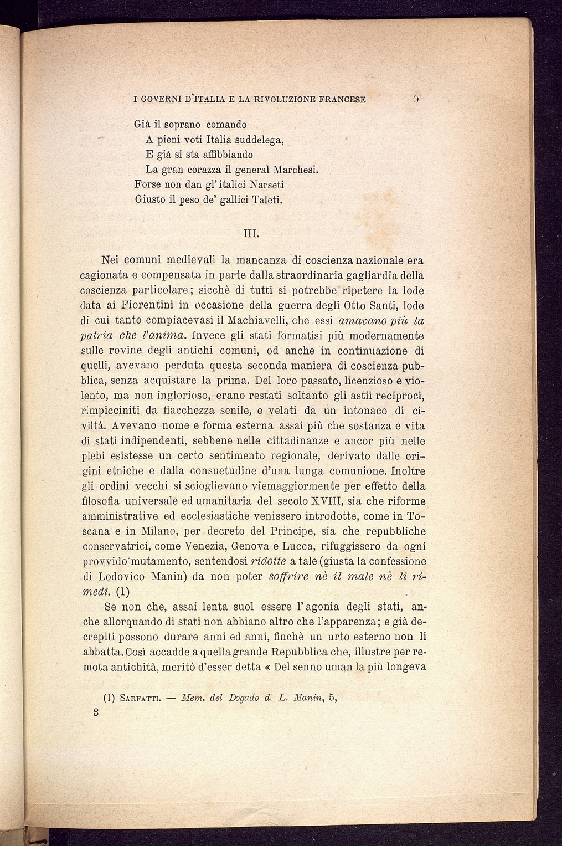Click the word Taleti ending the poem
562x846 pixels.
click(267, 199)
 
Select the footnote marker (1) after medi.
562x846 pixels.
click(122, 591)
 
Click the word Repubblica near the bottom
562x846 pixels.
click(301, 652)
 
